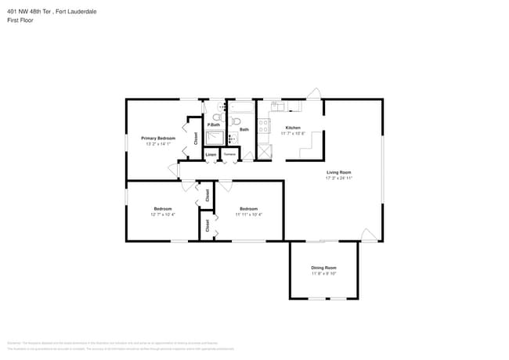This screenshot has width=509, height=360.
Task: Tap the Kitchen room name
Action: click(293, 128)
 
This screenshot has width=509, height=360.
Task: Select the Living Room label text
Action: click(339, 172)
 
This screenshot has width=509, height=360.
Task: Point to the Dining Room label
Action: click(323, 268)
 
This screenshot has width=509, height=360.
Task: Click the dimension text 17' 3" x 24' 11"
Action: click(339, 178)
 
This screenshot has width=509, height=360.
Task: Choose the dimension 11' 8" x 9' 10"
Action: click(323, 274)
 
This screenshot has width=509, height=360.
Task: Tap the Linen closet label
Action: click(211, 155)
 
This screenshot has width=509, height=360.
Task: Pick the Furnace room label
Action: click(229, 155)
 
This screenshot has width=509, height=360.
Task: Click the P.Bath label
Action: click(213, 125)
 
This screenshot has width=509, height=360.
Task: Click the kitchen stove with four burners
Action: click(264, 126)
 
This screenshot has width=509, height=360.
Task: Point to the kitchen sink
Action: click(277, 105)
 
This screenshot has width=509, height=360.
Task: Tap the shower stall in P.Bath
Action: click(214, 139)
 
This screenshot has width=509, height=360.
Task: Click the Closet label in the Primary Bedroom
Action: click(195, 139)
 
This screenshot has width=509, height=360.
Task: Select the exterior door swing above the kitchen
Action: click(312, 94)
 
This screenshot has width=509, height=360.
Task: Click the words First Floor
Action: click(20, 20)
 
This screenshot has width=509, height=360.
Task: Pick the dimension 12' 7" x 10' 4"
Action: click(163, 214)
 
